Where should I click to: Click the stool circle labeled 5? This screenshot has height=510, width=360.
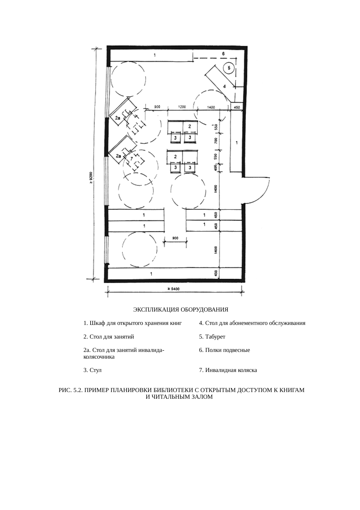click(x=229, y=68)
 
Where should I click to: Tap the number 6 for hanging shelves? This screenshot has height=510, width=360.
click(x=223, y=53)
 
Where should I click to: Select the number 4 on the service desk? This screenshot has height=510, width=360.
click(x=224, y=86)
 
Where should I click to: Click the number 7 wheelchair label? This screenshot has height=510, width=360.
click(x=132, y=158)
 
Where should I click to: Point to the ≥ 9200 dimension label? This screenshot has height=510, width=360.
click(x=91, y=178)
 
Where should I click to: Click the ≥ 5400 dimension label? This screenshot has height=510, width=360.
click(x=174, y=289)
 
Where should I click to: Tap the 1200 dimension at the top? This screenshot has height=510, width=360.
click(x=182, y=107)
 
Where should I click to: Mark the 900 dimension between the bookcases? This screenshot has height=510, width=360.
click(x=175, y=238)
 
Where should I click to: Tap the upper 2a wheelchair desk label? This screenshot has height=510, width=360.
click(x=118, y=118)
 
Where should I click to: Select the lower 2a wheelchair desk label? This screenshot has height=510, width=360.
click(x=118, y=156)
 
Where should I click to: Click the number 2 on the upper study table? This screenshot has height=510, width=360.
click(x=190, y=126)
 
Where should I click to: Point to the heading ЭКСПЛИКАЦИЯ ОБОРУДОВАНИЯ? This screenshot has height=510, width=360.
click(x=181, y=310)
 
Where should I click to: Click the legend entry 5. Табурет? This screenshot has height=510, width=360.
click(x=212, y=337)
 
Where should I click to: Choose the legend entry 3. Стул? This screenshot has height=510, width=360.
click(x=92, y=370)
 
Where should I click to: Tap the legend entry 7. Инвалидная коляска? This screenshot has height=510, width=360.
click(x=228, y=370)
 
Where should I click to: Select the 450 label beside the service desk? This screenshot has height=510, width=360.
click(x=237, y=107)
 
